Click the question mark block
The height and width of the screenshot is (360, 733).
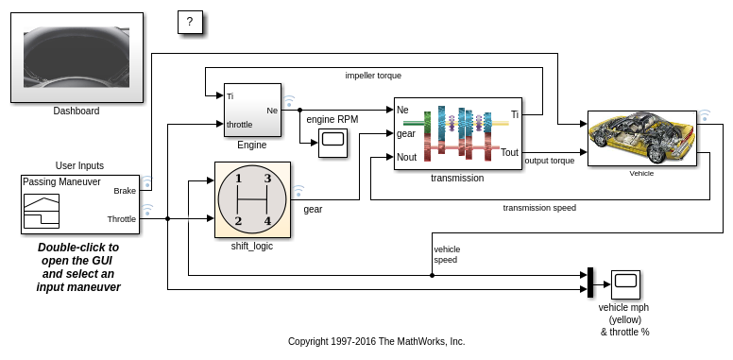coord(190,22)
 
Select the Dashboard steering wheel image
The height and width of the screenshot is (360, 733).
coord(77,57)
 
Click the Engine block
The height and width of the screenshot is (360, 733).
coord(252,110)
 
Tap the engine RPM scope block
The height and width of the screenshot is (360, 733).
coord(333,142)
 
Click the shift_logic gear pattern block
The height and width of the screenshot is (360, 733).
coord(252,199)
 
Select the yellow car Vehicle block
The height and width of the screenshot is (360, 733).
coord(641,138)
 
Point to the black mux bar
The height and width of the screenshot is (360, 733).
coord(590,282)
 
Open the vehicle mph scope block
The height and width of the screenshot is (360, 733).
coord(625,284)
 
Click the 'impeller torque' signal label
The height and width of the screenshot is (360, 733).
coord(373,76)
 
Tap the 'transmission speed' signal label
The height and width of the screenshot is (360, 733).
coord(539,208)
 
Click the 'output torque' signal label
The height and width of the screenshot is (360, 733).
coord(550,161)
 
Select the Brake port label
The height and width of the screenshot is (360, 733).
coord(125,191)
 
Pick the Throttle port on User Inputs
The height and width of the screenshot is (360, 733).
coord(122,219)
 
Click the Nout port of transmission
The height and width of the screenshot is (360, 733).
coord(406,157)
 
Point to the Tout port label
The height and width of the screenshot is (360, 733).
coord(509,152)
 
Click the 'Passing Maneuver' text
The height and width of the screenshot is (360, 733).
coord(61,181)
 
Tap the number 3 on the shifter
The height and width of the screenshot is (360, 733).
coord(267,179)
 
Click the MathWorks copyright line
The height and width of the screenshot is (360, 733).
coord(376,341)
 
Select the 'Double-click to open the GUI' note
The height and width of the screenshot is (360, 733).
coord(78,267)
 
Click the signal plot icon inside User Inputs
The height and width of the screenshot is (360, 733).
coord(42,211)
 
